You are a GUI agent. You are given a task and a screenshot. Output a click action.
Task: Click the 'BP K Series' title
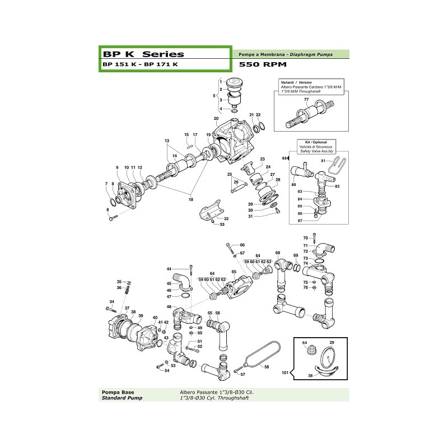pos(143,54)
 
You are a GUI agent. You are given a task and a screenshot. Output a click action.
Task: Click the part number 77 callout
pos(306,99)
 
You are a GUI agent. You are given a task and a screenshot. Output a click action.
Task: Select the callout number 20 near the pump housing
pos(216,119)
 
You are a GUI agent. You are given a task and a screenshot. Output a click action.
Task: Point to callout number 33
pos(222,225)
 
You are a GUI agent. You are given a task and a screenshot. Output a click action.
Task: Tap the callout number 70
pos(305,238)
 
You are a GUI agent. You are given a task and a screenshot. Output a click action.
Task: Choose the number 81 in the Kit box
pos(323,161)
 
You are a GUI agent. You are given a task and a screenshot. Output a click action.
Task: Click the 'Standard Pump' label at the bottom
pos(119,398)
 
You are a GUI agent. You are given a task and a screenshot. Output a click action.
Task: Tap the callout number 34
pos(111,301)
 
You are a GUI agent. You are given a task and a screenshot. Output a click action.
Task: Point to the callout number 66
pos(242,245)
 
